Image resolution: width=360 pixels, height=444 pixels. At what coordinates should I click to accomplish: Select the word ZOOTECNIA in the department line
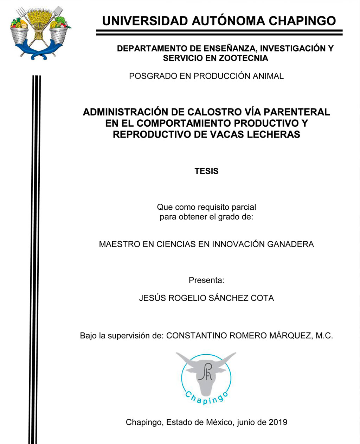[x=243, y=58]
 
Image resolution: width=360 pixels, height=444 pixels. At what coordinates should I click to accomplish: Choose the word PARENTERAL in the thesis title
[x=297, y=112]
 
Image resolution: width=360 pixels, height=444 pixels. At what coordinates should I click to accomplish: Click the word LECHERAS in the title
[x=275, y=134]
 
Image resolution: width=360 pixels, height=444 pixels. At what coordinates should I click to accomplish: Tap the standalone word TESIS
[x=206, y=171]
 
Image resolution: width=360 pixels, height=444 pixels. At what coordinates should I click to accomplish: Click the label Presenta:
[x=206, y=280]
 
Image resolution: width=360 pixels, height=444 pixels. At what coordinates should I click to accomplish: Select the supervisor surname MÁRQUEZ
[x=290, y=336]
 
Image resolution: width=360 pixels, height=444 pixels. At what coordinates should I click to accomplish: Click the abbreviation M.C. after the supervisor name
[x=324, y=336]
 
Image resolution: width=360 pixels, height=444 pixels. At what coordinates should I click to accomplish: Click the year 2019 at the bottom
[x=278, y=422]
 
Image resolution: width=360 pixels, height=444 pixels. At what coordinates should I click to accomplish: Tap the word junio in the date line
[x=248, y=422]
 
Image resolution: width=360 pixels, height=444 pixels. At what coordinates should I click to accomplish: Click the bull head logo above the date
[x=206, y=376]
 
